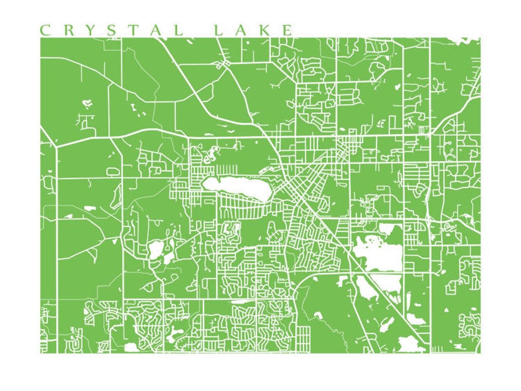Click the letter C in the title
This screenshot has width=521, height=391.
click(45, 30)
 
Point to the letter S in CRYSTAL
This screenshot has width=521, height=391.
click(116, 30)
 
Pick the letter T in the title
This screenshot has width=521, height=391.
click(139, 30)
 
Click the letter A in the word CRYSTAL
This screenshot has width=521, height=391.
click(159, 30)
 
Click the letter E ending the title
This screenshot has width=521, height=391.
click(287, 30)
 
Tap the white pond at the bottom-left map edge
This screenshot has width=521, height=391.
click(131, 348)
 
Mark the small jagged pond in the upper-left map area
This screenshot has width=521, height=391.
click(87, 104)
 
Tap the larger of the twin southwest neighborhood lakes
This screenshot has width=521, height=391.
click(155, 250)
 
